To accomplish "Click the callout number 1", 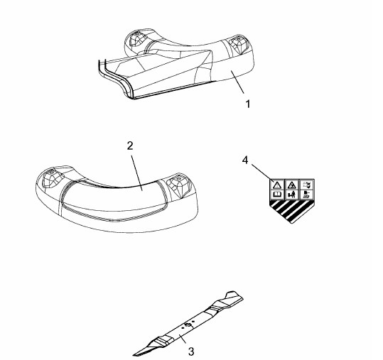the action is [248, 104].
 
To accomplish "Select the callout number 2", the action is [130, 146].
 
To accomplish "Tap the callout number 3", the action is [191, 351].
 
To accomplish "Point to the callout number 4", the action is [245, 160].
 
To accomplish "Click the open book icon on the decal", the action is [276, 195].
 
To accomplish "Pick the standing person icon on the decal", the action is [291, 195].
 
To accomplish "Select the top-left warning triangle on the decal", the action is [277, 185].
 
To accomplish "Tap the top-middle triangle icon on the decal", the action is [291, 185].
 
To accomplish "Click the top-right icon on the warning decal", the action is [306, 185].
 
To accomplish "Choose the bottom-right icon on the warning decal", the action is [306, 195].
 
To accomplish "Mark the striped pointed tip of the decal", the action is [292, 222].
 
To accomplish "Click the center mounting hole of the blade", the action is [188, 324].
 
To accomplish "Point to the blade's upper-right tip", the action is [242, 298].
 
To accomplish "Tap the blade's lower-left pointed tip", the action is [134, 354].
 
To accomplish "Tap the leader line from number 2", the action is [137, 173].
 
